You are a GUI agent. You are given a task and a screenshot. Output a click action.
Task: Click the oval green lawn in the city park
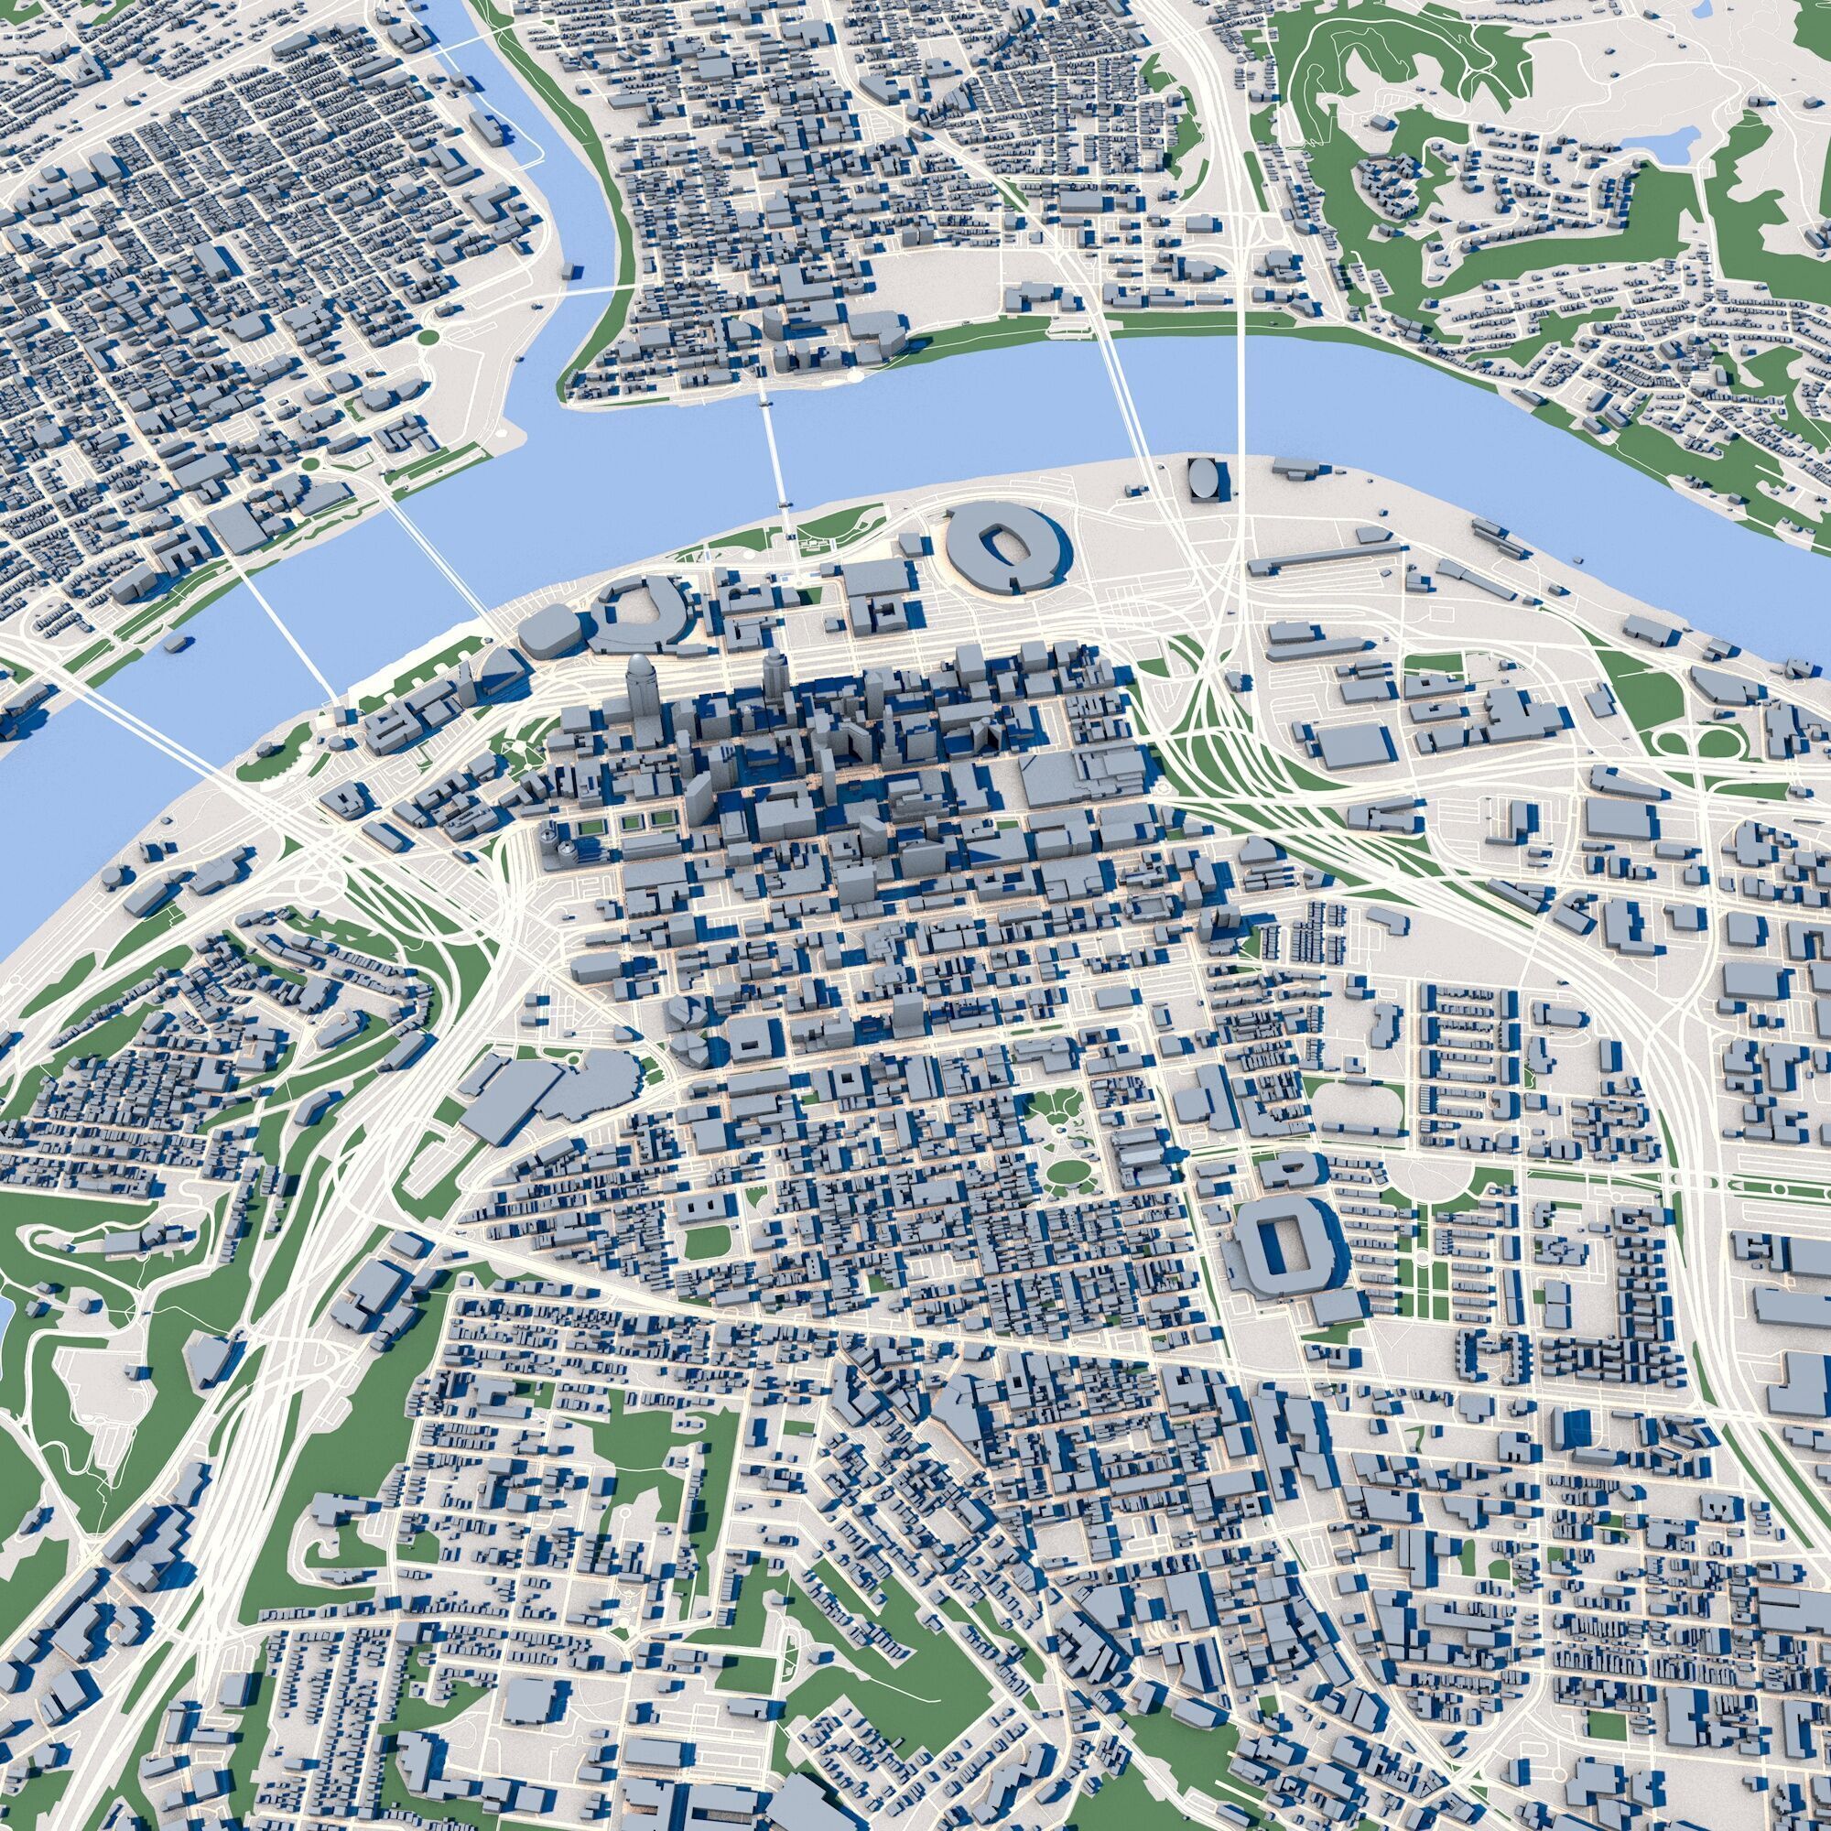click(x=1068, y=1172)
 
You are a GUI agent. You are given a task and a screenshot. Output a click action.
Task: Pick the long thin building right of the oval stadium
click(x=1327, y=559)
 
